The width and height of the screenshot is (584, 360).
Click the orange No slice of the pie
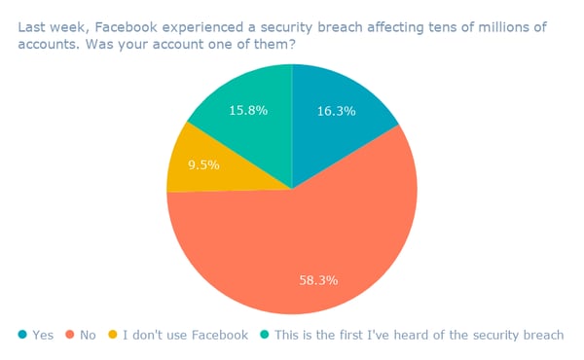(292, 243)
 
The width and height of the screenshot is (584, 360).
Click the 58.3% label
(318, 279)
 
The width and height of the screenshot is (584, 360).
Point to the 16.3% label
(337, 111)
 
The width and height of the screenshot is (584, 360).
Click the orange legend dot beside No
(72, 336)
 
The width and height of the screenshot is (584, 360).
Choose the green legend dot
(266, 336)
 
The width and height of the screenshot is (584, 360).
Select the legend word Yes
(44, 336)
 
